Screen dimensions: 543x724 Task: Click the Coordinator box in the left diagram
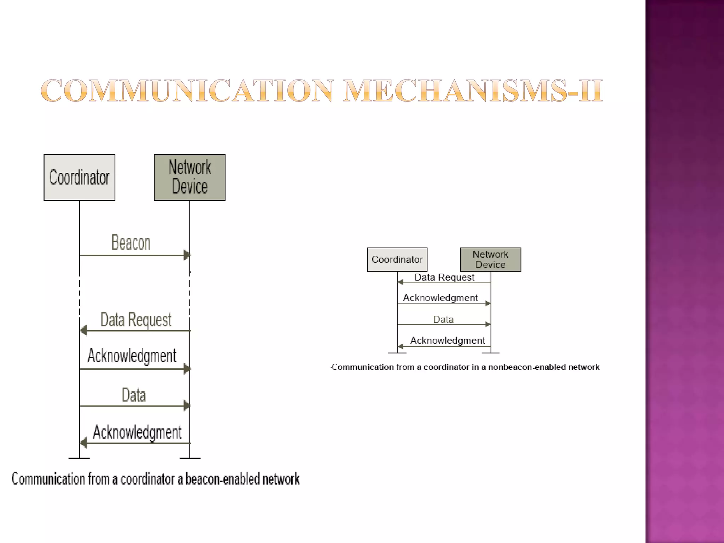point(79,177)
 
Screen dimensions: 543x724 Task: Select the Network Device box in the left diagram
point(189,177)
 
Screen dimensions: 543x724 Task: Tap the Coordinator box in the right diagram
point(397,259)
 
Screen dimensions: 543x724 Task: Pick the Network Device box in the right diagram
point(490,259)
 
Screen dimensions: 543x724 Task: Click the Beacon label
point(131,243)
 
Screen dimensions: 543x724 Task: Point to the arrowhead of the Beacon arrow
point(187,255)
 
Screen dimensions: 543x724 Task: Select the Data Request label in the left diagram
point(136,320)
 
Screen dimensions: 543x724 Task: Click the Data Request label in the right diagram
point(444,277)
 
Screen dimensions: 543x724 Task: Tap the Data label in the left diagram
point(134,395)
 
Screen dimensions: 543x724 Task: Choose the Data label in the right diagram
point(443,320)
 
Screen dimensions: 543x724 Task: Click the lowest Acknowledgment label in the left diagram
point(137,432)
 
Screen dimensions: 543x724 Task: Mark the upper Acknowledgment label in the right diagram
point(440,298)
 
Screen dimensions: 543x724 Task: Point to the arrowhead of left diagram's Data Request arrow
point(83,331)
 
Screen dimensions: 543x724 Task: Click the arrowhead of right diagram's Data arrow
point(488,324)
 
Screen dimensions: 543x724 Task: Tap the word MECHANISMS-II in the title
point(473,91)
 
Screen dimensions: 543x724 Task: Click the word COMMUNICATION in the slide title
point(187,91)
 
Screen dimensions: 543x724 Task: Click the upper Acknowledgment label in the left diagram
point(132,356)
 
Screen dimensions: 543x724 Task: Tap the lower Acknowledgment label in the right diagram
point(447,340)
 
